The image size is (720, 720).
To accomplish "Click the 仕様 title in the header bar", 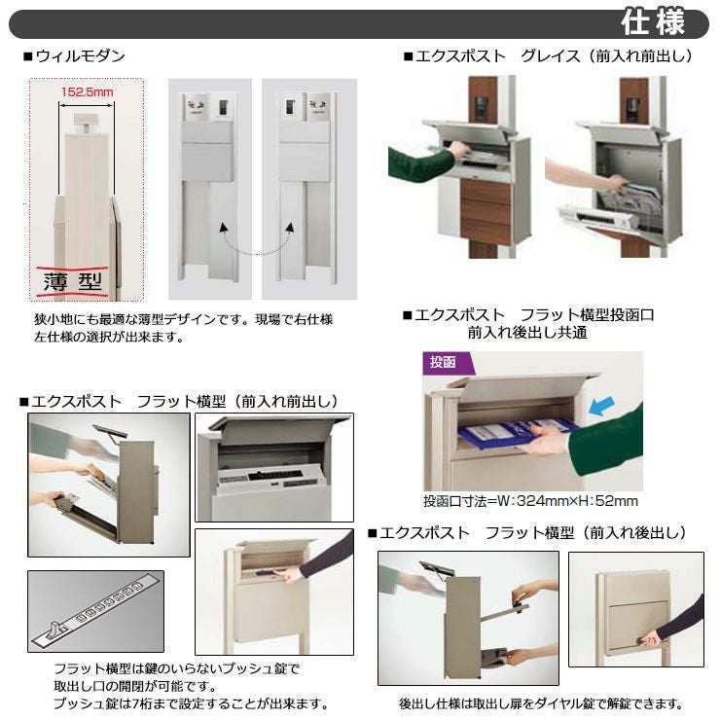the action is [653, 22].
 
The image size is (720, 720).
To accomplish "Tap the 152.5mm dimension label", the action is [87, 92].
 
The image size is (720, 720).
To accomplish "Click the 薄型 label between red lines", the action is [73, 281].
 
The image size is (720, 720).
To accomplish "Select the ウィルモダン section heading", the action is [74, 56].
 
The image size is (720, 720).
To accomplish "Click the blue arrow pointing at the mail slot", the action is [601, 407].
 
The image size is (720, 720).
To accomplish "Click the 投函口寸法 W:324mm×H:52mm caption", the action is [530, 500].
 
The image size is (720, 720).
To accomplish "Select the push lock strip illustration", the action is [94, 611].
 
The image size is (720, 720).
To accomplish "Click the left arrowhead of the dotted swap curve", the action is [224, 228].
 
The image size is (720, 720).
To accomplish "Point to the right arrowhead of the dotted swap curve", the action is [290, 228].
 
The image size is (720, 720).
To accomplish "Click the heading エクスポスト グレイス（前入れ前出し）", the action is [548, 56].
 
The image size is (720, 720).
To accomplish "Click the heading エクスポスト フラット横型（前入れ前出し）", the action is [179, 401].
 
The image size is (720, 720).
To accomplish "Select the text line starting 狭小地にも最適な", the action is [183, 319].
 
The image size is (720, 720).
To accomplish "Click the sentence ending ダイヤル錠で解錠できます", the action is [540, 703].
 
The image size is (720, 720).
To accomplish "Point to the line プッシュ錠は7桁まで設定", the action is [191, 703].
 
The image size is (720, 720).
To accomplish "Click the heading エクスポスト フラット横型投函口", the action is [528, 315].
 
